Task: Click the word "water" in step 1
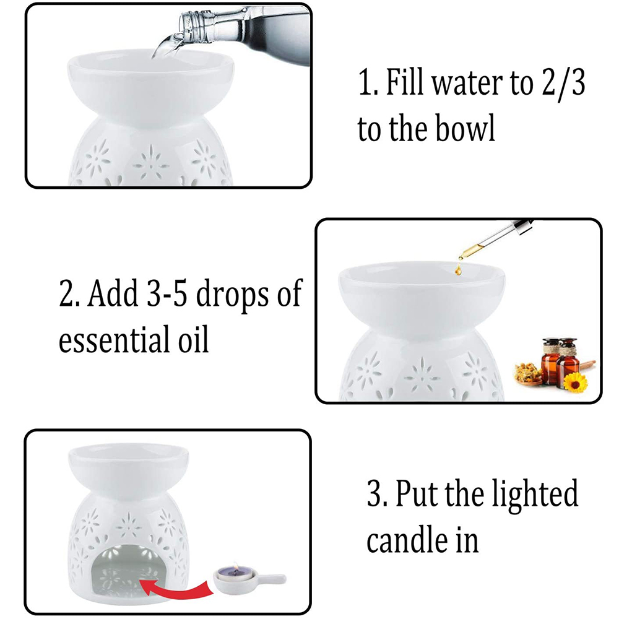point(467,84)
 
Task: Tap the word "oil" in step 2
point(193,339)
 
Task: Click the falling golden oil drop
point(458,270)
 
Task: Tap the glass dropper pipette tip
point(461,258)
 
